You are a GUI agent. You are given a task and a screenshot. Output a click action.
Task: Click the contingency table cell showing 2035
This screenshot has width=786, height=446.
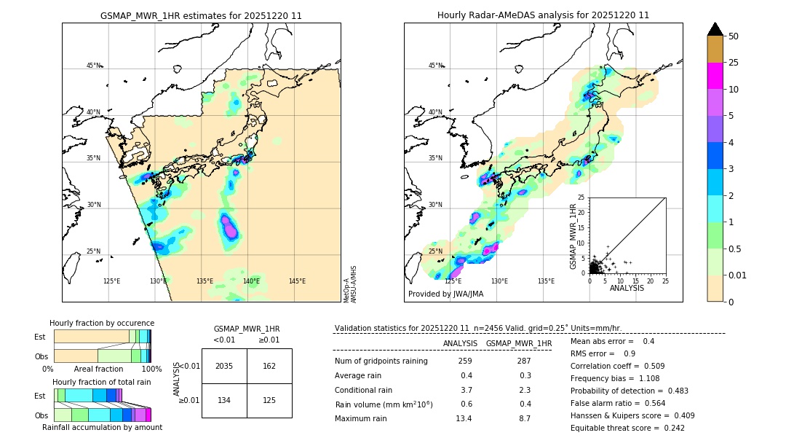pos(224,366)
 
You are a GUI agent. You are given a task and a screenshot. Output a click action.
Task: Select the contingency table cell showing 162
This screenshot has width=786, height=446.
pos(269,366)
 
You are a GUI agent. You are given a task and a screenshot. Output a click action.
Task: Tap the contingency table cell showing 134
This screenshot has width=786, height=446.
pos(224,400)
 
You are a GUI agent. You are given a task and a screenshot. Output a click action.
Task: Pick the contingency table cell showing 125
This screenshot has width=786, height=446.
pos(269,400)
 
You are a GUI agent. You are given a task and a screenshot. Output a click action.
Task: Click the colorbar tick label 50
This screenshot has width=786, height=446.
pos(734,36)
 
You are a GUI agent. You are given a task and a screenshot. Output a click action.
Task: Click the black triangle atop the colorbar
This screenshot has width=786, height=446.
pos(715,29)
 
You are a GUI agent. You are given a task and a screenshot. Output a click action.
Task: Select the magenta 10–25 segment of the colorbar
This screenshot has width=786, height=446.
pos(715,76)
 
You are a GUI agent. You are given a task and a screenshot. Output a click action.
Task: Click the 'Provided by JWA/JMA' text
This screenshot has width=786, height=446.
pos(445,294)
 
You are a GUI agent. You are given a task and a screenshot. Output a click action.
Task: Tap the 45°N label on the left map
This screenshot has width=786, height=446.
pos(94,66)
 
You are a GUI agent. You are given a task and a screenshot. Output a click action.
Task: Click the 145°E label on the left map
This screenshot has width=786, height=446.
pos(297,281)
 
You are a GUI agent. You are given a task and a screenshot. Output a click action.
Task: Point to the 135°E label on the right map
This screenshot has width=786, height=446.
pos(546,281)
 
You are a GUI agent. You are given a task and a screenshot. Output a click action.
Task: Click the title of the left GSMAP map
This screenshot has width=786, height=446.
pos(201,15)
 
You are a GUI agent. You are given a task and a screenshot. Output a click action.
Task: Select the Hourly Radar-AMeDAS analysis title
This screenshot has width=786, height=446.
pos(543,15)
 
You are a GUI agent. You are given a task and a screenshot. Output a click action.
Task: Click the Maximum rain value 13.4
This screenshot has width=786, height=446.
pos(464,418)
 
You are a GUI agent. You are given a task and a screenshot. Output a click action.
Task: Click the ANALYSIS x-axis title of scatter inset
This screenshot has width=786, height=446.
pos(627,288)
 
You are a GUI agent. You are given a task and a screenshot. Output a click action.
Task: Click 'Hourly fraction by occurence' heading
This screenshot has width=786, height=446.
pos(102,323)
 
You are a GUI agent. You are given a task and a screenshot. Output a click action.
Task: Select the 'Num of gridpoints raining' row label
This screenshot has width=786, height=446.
pos(381,361)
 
